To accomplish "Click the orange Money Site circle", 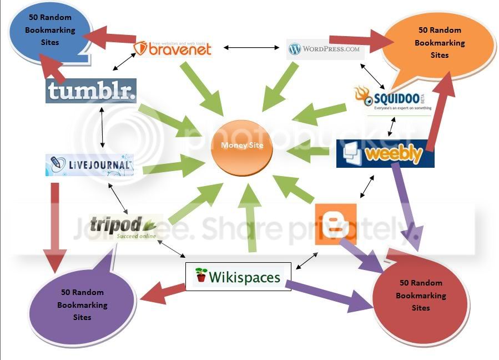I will point(241,146).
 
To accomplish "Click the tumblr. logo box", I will point(91,91).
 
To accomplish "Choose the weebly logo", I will point(385,153).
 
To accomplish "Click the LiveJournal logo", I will point(89,165).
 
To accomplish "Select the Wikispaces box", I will point(238,276).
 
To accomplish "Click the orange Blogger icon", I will point(335,224).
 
